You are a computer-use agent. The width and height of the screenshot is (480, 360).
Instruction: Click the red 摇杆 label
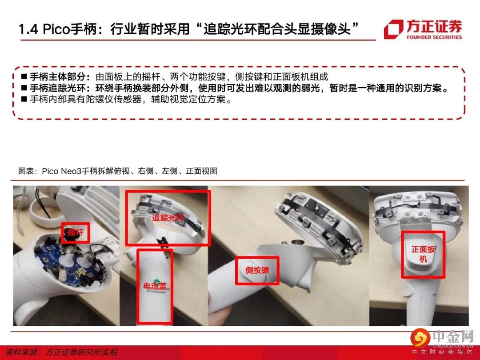(x=75, y=232)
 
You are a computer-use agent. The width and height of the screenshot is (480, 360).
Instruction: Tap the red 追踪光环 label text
(x=168, y=217)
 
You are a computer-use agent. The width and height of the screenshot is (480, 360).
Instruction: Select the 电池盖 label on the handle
(x=155, y=286)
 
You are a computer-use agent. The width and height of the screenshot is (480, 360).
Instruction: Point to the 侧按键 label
(x=257, y=270)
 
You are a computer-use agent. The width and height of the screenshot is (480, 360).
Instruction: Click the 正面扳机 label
(x=424, y=254)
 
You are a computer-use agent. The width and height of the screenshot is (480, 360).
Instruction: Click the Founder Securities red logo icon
(x=394, y=29)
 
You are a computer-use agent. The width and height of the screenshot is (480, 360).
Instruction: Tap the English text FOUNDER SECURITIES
(x=434, y=37)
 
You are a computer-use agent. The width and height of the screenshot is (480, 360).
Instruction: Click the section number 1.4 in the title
(x=28, y=29)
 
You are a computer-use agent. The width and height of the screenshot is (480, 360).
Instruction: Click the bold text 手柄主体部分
(x=57, y=76)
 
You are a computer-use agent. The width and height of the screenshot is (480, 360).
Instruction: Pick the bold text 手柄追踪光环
(x=57, y=88)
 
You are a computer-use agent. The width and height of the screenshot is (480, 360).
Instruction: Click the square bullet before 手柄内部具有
(x=24, y=100)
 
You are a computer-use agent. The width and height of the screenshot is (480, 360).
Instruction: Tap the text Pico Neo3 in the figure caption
(x=62, y=171)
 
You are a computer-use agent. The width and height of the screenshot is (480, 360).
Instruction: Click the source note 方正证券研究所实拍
(x=81, y=352)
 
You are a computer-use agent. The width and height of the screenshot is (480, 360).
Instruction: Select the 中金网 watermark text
(x=453, y=337)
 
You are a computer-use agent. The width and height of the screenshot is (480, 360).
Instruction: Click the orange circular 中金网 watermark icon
(x=420, y=338)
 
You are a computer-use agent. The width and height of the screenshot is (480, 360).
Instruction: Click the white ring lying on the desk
(x=46, y=213)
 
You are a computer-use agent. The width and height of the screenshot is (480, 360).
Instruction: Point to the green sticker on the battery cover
(x=156, y=282)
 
